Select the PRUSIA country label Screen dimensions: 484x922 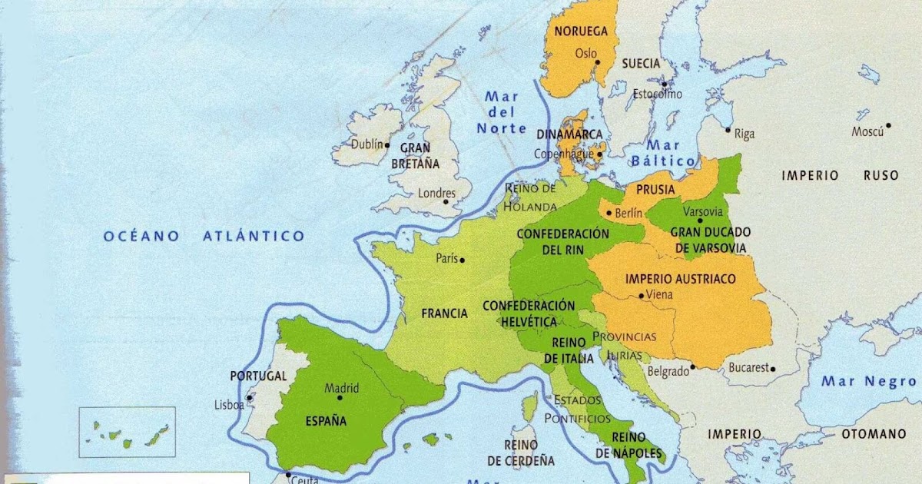(x=656, y=190)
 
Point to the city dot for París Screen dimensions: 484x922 (x=463, y=260)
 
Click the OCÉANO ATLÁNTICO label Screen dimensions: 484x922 (x=204, y=236)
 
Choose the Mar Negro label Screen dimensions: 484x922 (x=868, y=381)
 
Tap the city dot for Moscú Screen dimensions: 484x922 (x=888, y=125)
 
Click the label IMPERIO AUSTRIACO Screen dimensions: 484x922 (x=681, y=278)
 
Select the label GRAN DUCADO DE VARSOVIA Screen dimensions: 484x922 (x=711, y=239)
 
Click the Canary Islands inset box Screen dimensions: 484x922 (x=128, y=432)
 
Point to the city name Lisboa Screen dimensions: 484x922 (x=229, y=404)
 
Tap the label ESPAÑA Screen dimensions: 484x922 (x=326, y=421)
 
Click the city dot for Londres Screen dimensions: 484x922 (x=446, y=202)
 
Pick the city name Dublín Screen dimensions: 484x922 (x=366, y=144)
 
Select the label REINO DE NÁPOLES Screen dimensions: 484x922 (x=637, y=446)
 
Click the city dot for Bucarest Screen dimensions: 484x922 (x=773, y=369)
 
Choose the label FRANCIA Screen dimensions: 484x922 (x=444, y=313)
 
